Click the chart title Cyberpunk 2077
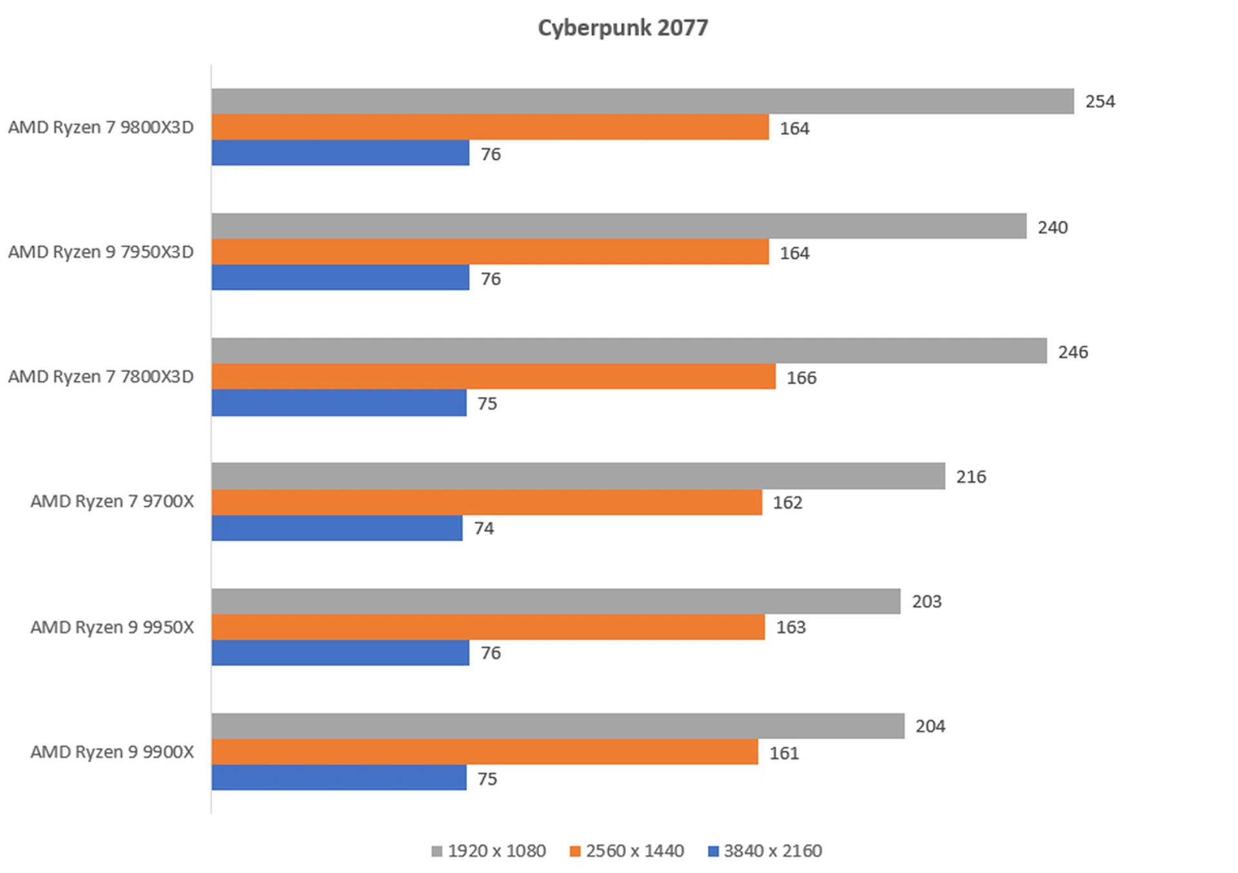click(623, 28)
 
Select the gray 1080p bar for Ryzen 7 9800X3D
click(642, 101)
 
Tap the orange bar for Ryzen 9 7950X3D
click(490, 251)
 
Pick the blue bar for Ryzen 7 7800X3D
click(339, 402)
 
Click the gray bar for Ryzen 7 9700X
click(578, 476)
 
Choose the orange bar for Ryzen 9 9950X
click(488, 627)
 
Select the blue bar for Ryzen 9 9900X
click(339, 778)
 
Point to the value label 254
click(1100, 102)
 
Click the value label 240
click(1052, 227)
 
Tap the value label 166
click(801, 378)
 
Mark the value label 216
click(971, 477)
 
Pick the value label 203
click(927, 602)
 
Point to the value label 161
click(784, 753)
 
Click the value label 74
click(484, 529)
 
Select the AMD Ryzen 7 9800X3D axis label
click(101, 127)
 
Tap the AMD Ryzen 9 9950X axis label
click(112, 627)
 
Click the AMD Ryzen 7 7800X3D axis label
click(101, 377)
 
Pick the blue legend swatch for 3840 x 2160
click(713, 852)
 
